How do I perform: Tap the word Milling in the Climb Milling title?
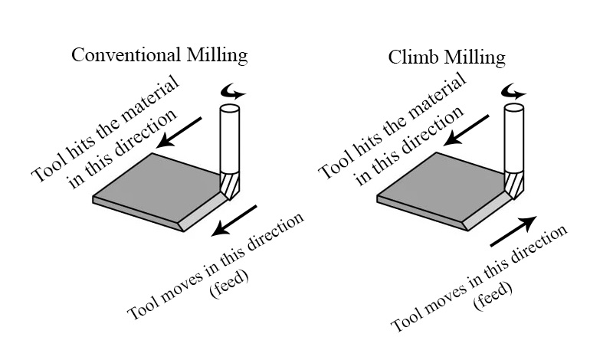click(x=478, y=57)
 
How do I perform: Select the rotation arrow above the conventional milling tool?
click(x=231, y=92)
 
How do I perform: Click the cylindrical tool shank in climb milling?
click(x=514, y=138)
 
